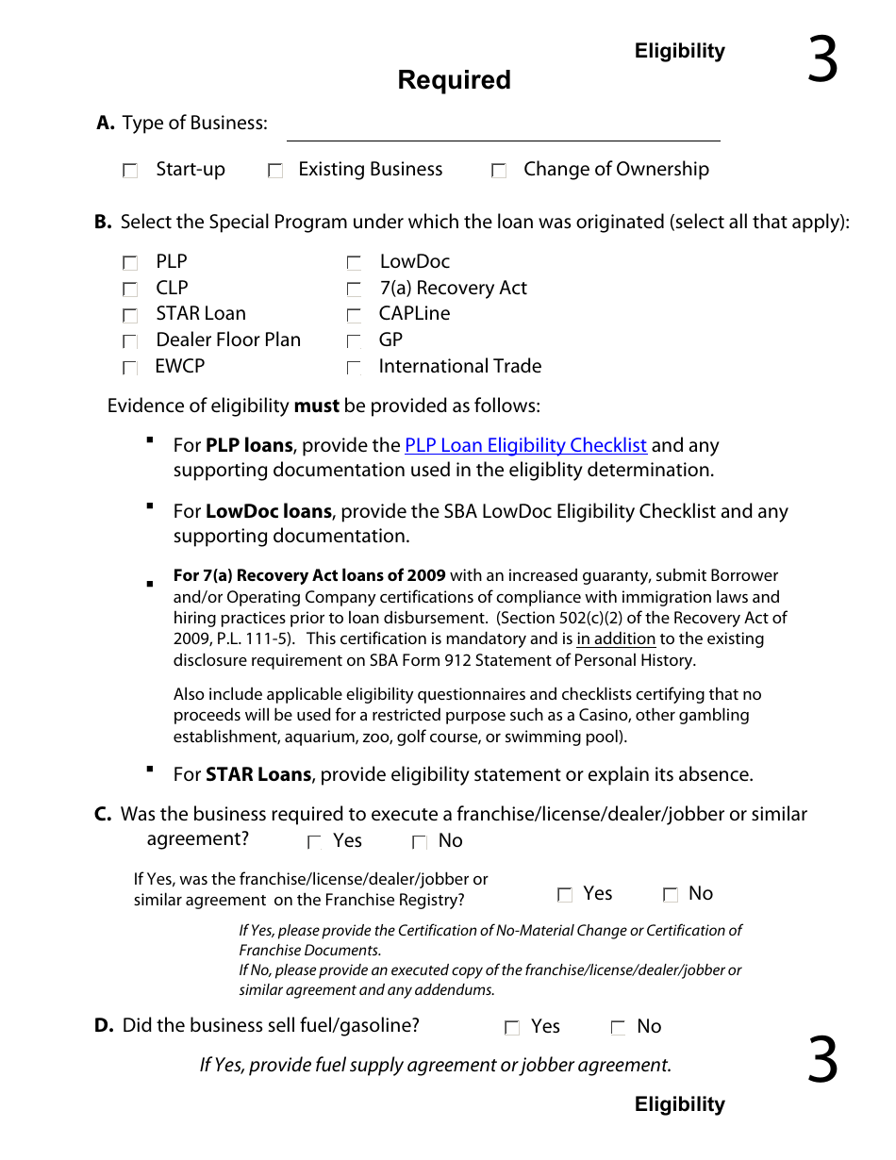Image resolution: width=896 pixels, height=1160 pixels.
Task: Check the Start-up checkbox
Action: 130,171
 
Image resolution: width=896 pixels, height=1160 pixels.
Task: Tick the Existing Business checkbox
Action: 275,171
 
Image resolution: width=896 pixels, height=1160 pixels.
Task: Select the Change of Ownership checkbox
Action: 499,171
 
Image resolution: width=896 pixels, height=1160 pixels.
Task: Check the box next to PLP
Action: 130,263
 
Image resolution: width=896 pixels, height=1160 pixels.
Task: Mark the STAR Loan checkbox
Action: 130,315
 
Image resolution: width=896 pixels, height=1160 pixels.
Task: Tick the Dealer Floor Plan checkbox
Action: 130,341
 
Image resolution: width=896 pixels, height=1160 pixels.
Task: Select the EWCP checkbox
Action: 130,368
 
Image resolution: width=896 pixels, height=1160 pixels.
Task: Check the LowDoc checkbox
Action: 354,263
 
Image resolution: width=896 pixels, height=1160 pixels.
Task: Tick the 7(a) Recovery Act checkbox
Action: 354,290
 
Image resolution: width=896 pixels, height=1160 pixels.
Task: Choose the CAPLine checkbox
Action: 354,315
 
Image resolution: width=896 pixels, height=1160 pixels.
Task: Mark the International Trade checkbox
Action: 354,368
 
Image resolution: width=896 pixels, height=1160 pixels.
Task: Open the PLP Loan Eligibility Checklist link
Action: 525,445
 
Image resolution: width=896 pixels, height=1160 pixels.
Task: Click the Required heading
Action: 454,80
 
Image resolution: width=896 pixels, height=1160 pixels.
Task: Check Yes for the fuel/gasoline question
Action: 512,1028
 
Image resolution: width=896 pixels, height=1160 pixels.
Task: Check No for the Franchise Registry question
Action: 671,895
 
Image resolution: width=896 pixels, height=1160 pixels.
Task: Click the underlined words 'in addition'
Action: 616,638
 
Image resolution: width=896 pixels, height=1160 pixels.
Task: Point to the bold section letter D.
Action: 104,1026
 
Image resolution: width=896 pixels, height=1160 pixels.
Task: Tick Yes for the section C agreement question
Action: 315,842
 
